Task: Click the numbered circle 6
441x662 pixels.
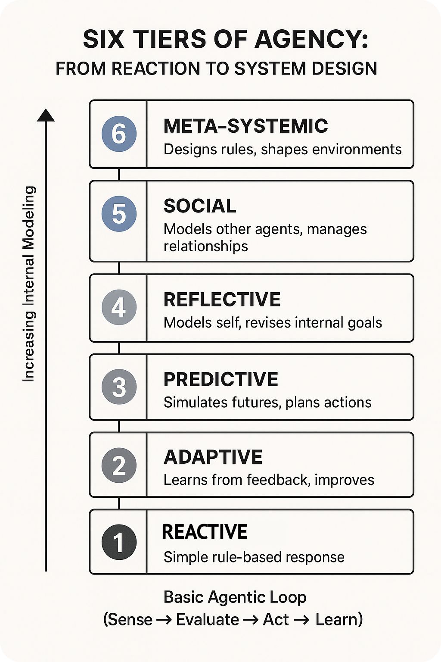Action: [119, 134]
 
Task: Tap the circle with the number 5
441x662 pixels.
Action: [119, 214]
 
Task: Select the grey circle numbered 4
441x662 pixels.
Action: [119, 307]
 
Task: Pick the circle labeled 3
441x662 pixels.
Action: [119, 387]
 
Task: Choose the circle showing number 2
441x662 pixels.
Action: [119, 465]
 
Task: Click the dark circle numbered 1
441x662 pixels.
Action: [119, 542]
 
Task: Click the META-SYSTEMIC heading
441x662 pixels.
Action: [245, 126]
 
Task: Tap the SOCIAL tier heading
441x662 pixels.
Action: [200, 206]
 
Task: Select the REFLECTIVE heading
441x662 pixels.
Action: [222, 300]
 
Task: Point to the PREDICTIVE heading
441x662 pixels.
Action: [220, 380]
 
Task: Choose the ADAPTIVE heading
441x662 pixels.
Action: [213, 457]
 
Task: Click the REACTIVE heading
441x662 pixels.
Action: [205, 532]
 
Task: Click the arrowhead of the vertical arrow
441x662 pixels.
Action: [46, 116]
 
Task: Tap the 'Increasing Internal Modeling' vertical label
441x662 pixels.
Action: [29, 284]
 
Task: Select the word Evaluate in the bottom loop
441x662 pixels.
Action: [207, 620]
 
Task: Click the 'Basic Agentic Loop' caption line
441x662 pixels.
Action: [235, 597]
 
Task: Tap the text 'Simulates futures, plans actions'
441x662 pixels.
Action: [267, 403]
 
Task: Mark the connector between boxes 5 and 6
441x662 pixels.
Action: [119, 175]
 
